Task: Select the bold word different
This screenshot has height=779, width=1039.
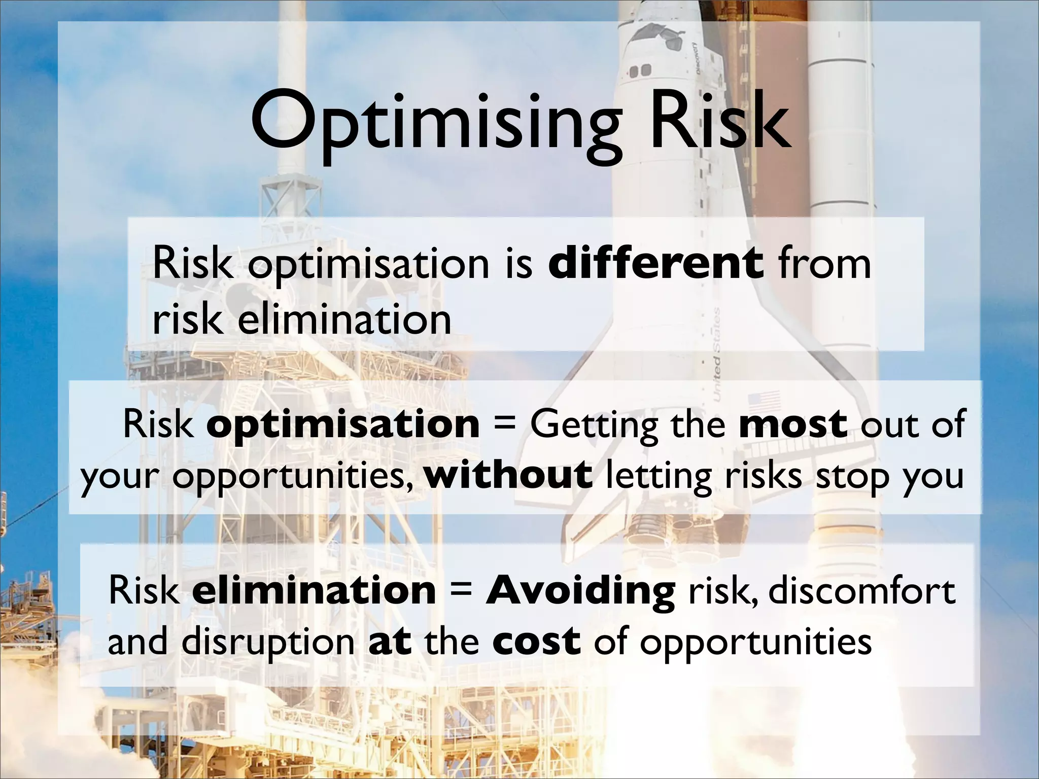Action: (x=655, y=263)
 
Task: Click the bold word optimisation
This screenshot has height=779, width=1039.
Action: (x=343, y=424)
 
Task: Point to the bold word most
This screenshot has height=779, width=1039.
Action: (x=793, y=424)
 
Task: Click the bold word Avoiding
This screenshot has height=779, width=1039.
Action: (x=580, y=591)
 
